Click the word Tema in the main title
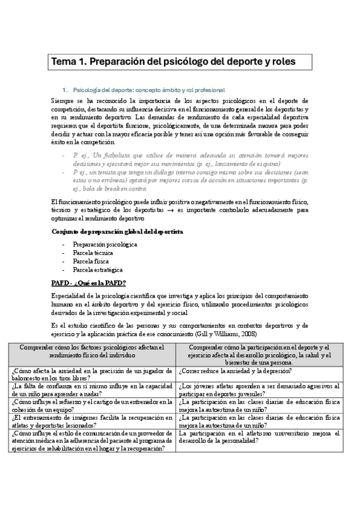coord(63,61)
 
